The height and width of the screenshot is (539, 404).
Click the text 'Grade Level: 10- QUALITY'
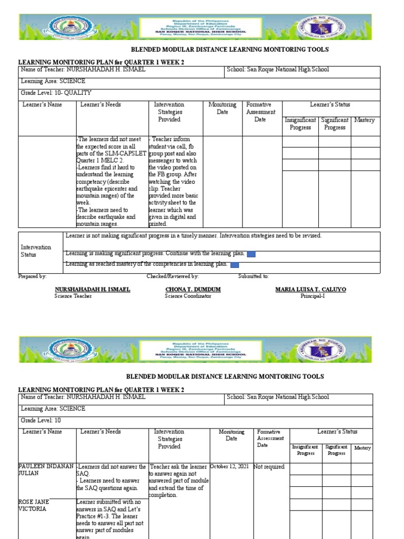click(x=56, y=93)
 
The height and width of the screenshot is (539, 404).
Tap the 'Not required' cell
click(x=269, y=466)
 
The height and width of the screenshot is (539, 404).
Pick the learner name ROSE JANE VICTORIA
click(x=33, y=506)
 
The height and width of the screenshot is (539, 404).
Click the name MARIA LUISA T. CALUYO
click(x=310, y=290)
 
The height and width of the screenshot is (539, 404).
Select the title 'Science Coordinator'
click(x=188, y=296)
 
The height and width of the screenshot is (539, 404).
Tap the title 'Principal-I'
click(x=310, y=296)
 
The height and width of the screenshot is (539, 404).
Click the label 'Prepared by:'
click(x=33, y=276)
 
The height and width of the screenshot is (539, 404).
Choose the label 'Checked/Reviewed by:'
click(x=173, y=276)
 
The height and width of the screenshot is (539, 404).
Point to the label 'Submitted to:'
click(x=254, y=276)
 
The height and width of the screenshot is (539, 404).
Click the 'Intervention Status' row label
click(x=36, y=251)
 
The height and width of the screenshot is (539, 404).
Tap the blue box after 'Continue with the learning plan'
click(x=251, y=255)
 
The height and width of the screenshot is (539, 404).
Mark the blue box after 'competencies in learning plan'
click(x=235, y=265)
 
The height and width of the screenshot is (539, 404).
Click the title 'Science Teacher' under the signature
click(x=73, y=296)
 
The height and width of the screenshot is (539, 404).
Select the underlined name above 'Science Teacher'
click(x=93, y=290)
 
